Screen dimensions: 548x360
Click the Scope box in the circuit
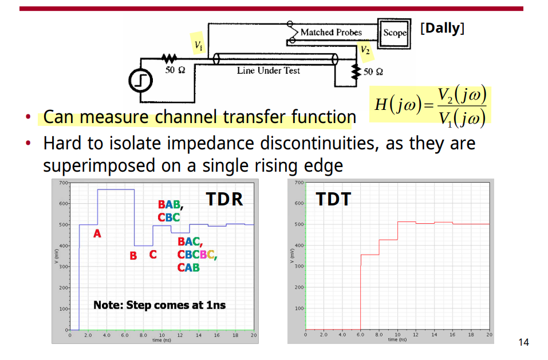(394, 34)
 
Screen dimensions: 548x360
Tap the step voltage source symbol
(140, 81)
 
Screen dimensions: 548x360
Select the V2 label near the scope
(365, 50)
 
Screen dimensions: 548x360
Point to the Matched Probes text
(331, 33)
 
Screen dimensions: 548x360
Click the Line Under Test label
(269, 70)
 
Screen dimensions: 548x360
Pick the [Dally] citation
(442, 28)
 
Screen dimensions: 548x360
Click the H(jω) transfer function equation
(430, 105)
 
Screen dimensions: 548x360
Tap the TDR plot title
(224, 199)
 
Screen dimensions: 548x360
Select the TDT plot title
(333, 199)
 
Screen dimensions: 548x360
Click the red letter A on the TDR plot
(97, 234)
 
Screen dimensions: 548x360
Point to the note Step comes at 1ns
(159, 305)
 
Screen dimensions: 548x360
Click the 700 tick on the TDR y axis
(63, 183)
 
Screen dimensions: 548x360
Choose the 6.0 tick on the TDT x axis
(360, 334)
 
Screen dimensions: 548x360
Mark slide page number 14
(523, 342)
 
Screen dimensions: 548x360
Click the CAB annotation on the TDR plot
(188, 267)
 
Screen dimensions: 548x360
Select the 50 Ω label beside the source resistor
(175, 70)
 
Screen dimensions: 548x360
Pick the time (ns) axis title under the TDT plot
(397, 339)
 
